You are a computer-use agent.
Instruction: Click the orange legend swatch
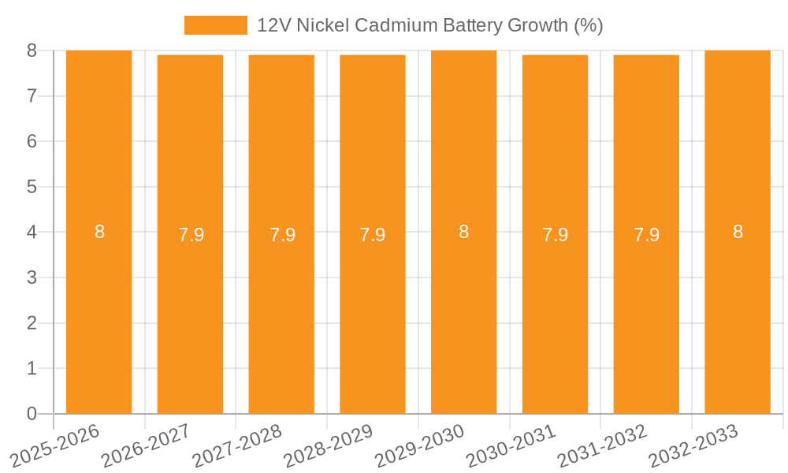click(x=215, y=25)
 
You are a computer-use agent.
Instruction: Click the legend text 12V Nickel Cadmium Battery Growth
click(x=429, y=25)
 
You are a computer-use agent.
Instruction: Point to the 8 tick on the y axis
click(x=32, y=50)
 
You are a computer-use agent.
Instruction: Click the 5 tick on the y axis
click(x=32, y=187)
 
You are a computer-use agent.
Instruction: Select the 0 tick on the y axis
click(x=32, y=414)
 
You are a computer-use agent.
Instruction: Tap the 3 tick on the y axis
click(x=32, y=277)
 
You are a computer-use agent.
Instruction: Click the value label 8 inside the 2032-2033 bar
click(x=738, y=232)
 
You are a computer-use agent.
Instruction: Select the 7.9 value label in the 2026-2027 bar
click(x=191, y=235)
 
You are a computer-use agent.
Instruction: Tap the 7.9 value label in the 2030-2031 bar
click(x=555, y=235)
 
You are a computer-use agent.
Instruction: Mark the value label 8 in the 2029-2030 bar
click(x=463, y=232)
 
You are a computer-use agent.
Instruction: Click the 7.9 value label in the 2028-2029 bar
click(x=372, y=235)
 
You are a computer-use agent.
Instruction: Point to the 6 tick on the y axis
click(x=32, y=141)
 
